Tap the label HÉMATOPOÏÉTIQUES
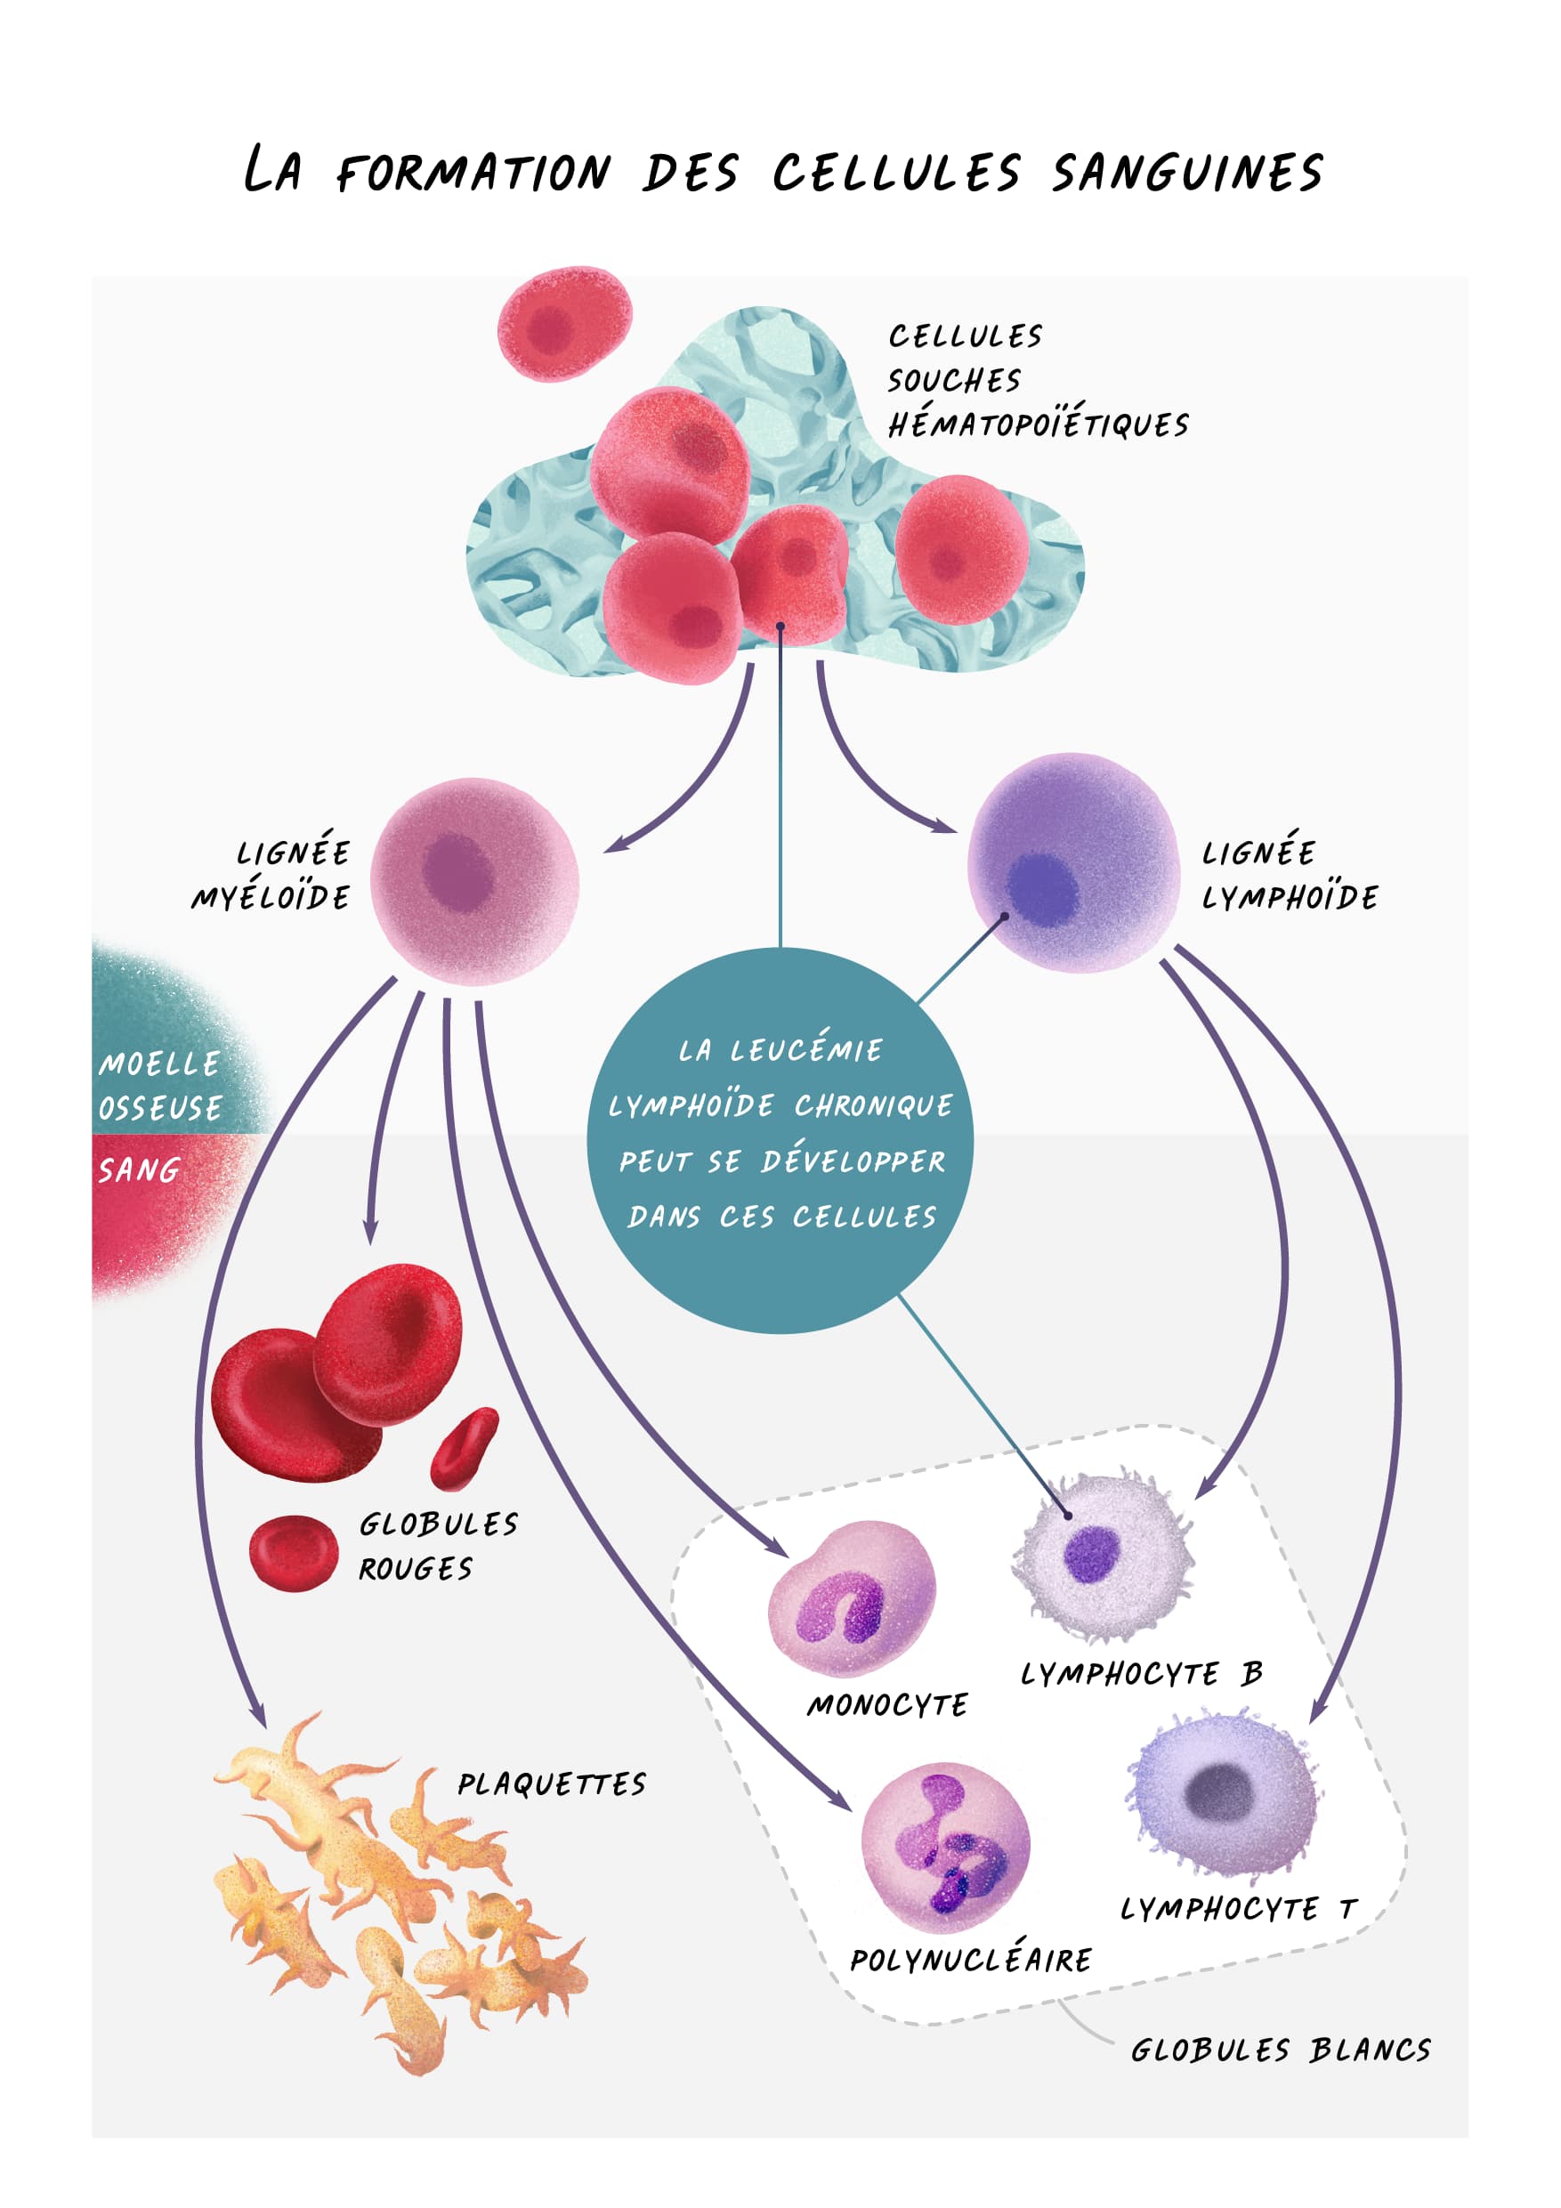click(1038, 425)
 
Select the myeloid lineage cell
click(474, 881)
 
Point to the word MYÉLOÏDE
click(271, 897)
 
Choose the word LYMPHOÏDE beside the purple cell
click(1290, 897)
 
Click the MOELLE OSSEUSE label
click(160, 1086)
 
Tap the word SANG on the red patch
click(140, 1170)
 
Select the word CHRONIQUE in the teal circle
click(873, 1106)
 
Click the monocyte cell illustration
click(851, 1597)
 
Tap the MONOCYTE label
click(887, 1705)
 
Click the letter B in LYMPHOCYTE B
click(1250, 1674)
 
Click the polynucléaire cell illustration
click(945, 1848)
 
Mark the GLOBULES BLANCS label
click(1280, 2050)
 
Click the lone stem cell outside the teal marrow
click(563, 323)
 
